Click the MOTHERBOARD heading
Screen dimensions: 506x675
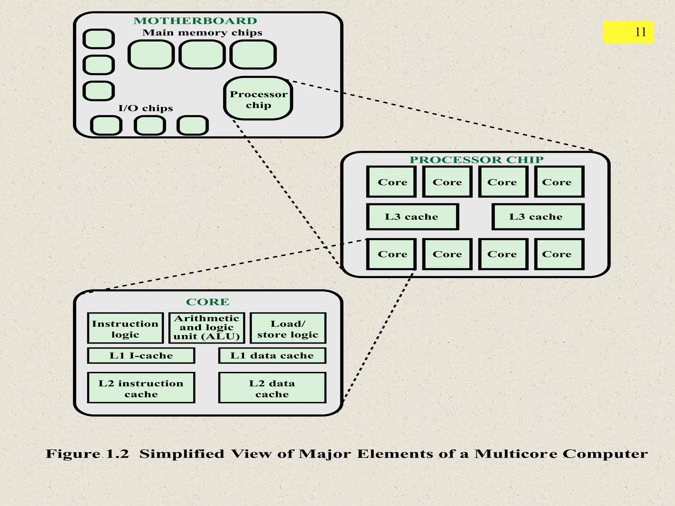pyautogui.click(x=195, y=21)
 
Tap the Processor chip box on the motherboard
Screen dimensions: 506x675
pyautogui.click(x=258, y=98)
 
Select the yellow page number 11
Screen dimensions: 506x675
pyautogui.click(x=628, y=32)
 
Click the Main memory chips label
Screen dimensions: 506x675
pyautogui.click(x=202, y=33)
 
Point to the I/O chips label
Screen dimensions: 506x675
pyautogui.click(x=145, y=108)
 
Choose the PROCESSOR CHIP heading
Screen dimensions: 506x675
pyautogui.click(x=476, y=160)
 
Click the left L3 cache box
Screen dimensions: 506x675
pyautogui.click(x=412, y=217)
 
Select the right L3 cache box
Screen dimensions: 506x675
pyautogui.click(x=538, y=217)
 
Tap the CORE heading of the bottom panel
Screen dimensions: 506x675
pyautogui.click(x=208, y=302)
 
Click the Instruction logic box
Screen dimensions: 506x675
pyautogui.click(x=125, y=328)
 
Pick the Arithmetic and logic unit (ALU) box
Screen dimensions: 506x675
pyautogui.click(x=207, y=328)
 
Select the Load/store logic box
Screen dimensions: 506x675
pyautogui.click(x=288, y=328)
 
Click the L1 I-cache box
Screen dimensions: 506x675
pyautogui.click(x=141, y=355)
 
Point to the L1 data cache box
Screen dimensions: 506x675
pyautogui.click(x=272, y=355)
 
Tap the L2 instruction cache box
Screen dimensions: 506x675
pyautogui.click(x=141, y=388)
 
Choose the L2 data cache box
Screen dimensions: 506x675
pyautogui.click(x=272, y=388)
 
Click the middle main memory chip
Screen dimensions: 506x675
pyautogui.click(x=202, y=55)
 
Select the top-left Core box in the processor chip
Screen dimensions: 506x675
pyautogui.click(x=392, y=182)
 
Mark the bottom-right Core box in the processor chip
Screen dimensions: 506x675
pyautogui.click(x=559, y=254)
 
